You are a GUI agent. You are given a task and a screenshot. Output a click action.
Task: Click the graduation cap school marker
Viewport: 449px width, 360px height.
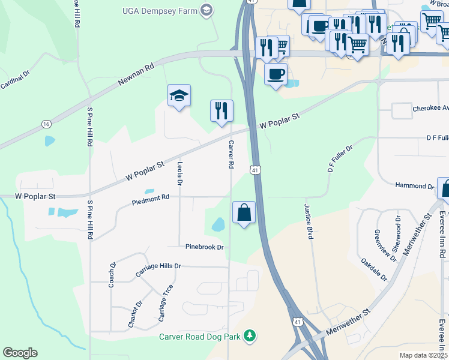click(179, 96)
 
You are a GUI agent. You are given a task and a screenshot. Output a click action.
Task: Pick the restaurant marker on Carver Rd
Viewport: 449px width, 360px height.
click(221, 110)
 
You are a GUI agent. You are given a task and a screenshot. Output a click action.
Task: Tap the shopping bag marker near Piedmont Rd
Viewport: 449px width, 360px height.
click(244, 212)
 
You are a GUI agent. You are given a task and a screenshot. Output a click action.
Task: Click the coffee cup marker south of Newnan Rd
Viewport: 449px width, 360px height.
click(276, 74)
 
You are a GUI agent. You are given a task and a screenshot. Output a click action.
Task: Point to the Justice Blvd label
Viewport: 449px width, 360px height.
click(309, 221)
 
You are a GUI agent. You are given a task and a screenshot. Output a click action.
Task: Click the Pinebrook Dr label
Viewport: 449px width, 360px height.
click(204, 247)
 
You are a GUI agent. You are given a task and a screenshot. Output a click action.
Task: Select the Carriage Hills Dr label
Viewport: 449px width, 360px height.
click(158, 270)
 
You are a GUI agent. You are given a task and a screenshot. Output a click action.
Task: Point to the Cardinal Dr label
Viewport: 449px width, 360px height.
click(15, 80)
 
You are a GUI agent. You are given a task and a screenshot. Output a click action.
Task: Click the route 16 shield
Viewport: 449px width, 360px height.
click(46, 124)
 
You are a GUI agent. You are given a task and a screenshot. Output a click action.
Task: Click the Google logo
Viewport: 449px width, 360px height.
click(20, 353)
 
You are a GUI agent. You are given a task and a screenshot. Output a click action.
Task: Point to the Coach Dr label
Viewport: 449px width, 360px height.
click(112, 274)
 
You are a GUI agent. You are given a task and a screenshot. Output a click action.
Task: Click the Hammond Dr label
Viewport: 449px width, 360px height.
click(414, 187)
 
